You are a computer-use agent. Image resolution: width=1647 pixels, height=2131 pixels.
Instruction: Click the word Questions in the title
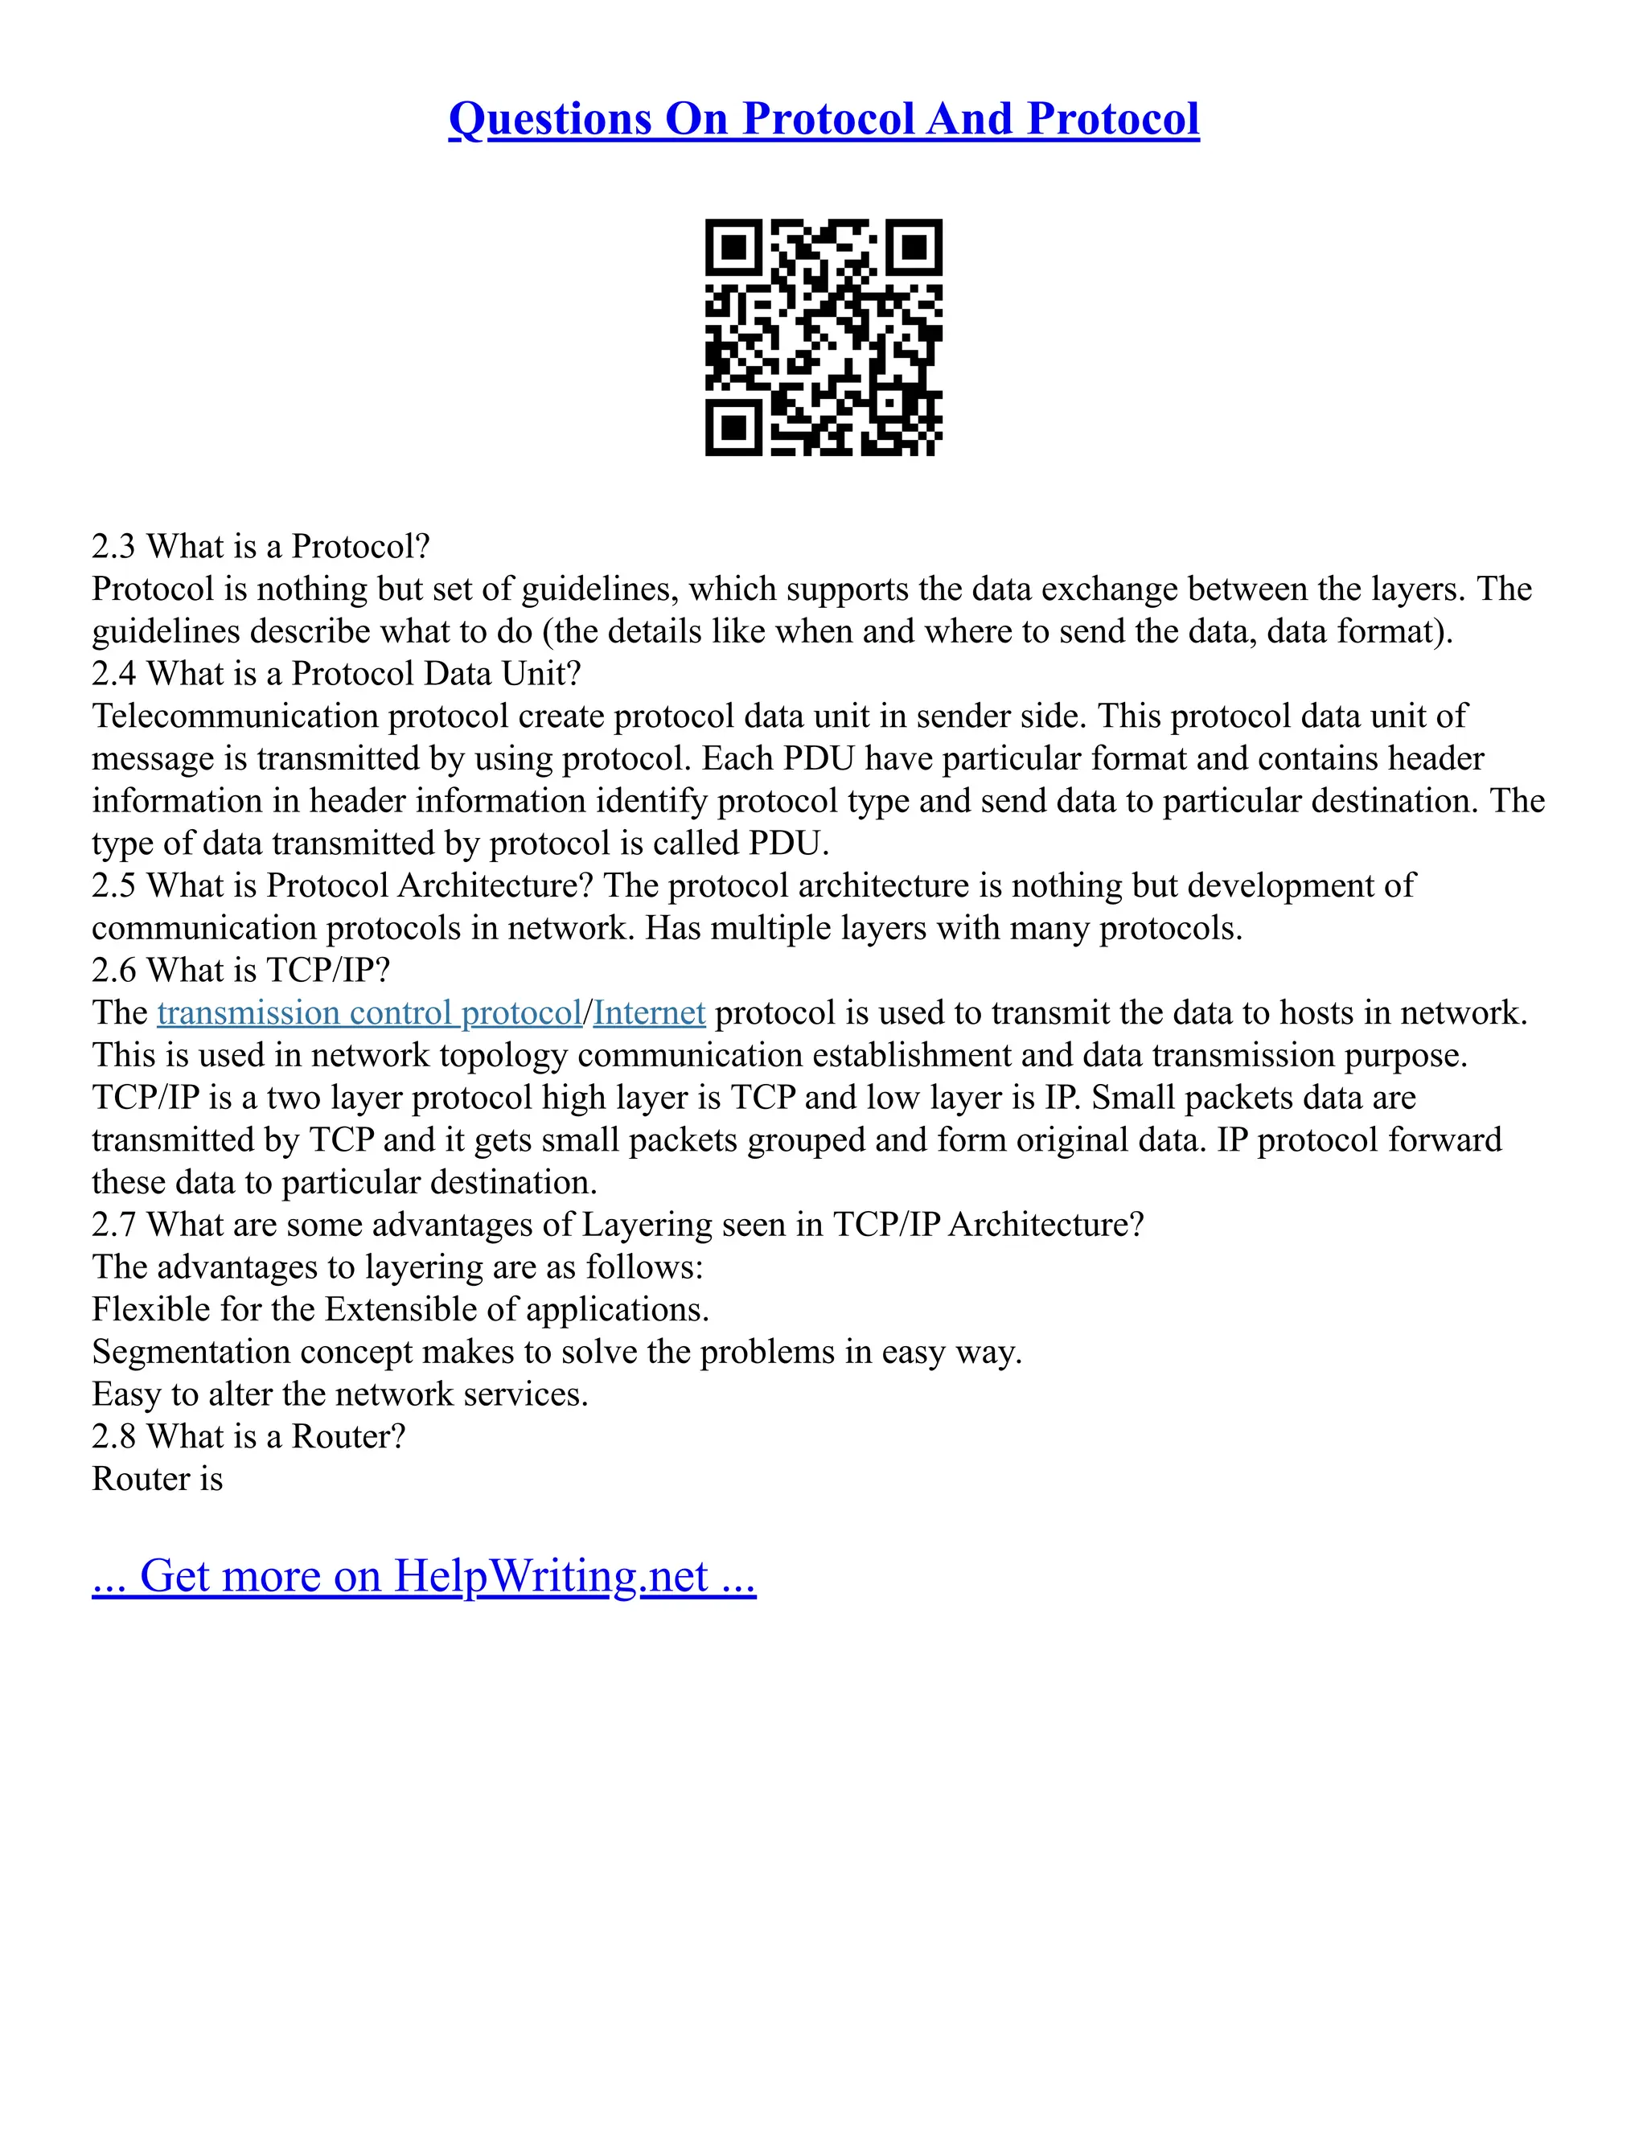(549, 119)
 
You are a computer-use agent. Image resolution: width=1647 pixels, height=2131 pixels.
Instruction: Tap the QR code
(823, 337)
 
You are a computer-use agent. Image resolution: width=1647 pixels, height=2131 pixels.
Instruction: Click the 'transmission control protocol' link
(369, 1012)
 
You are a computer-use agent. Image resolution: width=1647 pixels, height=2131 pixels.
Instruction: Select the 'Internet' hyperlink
(649, 1012)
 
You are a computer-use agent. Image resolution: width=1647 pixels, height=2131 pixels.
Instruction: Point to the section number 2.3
(113, 546)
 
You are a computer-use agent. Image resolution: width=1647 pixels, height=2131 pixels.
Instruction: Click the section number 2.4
(113, 673)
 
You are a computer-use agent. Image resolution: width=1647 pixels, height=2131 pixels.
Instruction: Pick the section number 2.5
(113, 885)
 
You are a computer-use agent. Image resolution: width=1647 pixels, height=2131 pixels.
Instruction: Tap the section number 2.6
(113, 970)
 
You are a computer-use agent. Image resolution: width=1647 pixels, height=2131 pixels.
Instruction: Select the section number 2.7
(113, 1225)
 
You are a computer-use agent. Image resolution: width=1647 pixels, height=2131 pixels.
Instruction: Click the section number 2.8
(113, 1436)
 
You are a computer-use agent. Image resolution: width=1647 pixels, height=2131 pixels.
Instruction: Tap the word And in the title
(971, 119)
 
